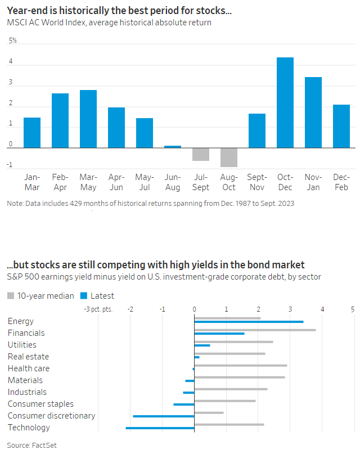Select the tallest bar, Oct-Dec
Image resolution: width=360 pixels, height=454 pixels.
[285, 102]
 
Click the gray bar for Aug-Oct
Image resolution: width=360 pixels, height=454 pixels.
[229, 157]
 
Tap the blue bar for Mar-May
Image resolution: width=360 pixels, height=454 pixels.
[88, 119]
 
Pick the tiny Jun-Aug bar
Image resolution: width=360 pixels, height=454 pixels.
[173, 146]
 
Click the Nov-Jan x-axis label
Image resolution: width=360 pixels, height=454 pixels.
[313, 182]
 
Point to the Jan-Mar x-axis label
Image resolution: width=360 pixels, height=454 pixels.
[32, 182]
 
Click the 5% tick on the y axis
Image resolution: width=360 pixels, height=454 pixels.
[12, 41]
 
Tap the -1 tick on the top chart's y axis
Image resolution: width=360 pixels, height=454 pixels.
[11, 165]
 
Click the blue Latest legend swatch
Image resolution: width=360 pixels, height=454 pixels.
[84, 295]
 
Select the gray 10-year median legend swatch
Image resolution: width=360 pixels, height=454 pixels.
[11, 295]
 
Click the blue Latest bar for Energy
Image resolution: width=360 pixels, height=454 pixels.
[249, 322]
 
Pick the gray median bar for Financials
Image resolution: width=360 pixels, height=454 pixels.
[255, 330]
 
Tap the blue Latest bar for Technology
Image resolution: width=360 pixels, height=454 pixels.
[160, 428]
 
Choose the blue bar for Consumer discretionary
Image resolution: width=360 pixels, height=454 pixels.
[164, 416]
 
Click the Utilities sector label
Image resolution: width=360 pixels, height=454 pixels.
[22, 345]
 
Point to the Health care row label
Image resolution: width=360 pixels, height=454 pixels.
[29, 368]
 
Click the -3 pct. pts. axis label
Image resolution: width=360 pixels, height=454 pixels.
[98, 309]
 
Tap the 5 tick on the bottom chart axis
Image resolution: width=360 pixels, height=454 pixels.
[353, 309]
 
